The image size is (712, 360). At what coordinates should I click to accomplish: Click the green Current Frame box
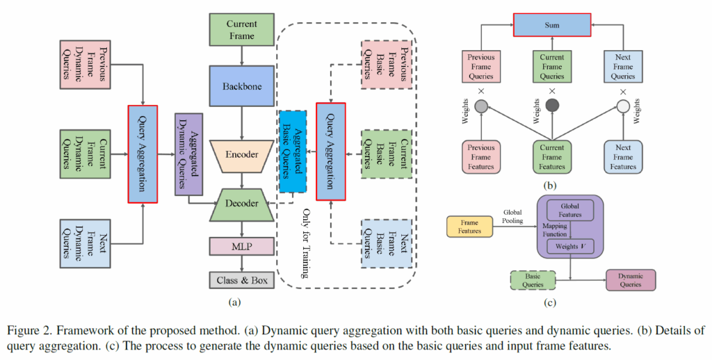(x=241, y=29)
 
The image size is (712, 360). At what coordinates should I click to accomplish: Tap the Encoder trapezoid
(x=241, y=155)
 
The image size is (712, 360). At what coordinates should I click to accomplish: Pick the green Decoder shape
(x=241, y=204)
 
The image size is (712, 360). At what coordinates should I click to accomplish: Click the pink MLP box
(x=241, y=245)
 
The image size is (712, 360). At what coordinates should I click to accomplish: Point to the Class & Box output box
(x=241, y=280)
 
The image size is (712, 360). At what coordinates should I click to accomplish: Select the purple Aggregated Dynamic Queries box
(x=188, y=153)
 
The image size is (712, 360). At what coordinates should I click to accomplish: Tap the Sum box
(x=553, y=24)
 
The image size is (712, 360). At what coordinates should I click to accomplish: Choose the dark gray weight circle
(x=553, y=106)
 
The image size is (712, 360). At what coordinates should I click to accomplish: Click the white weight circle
(x=623, y=106)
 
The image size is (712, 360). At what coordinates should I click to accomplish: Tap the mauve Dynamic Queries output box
(x=631, y=279)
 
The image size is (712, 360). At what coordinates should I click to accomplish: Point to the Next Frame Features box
(x=623, y=157)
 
